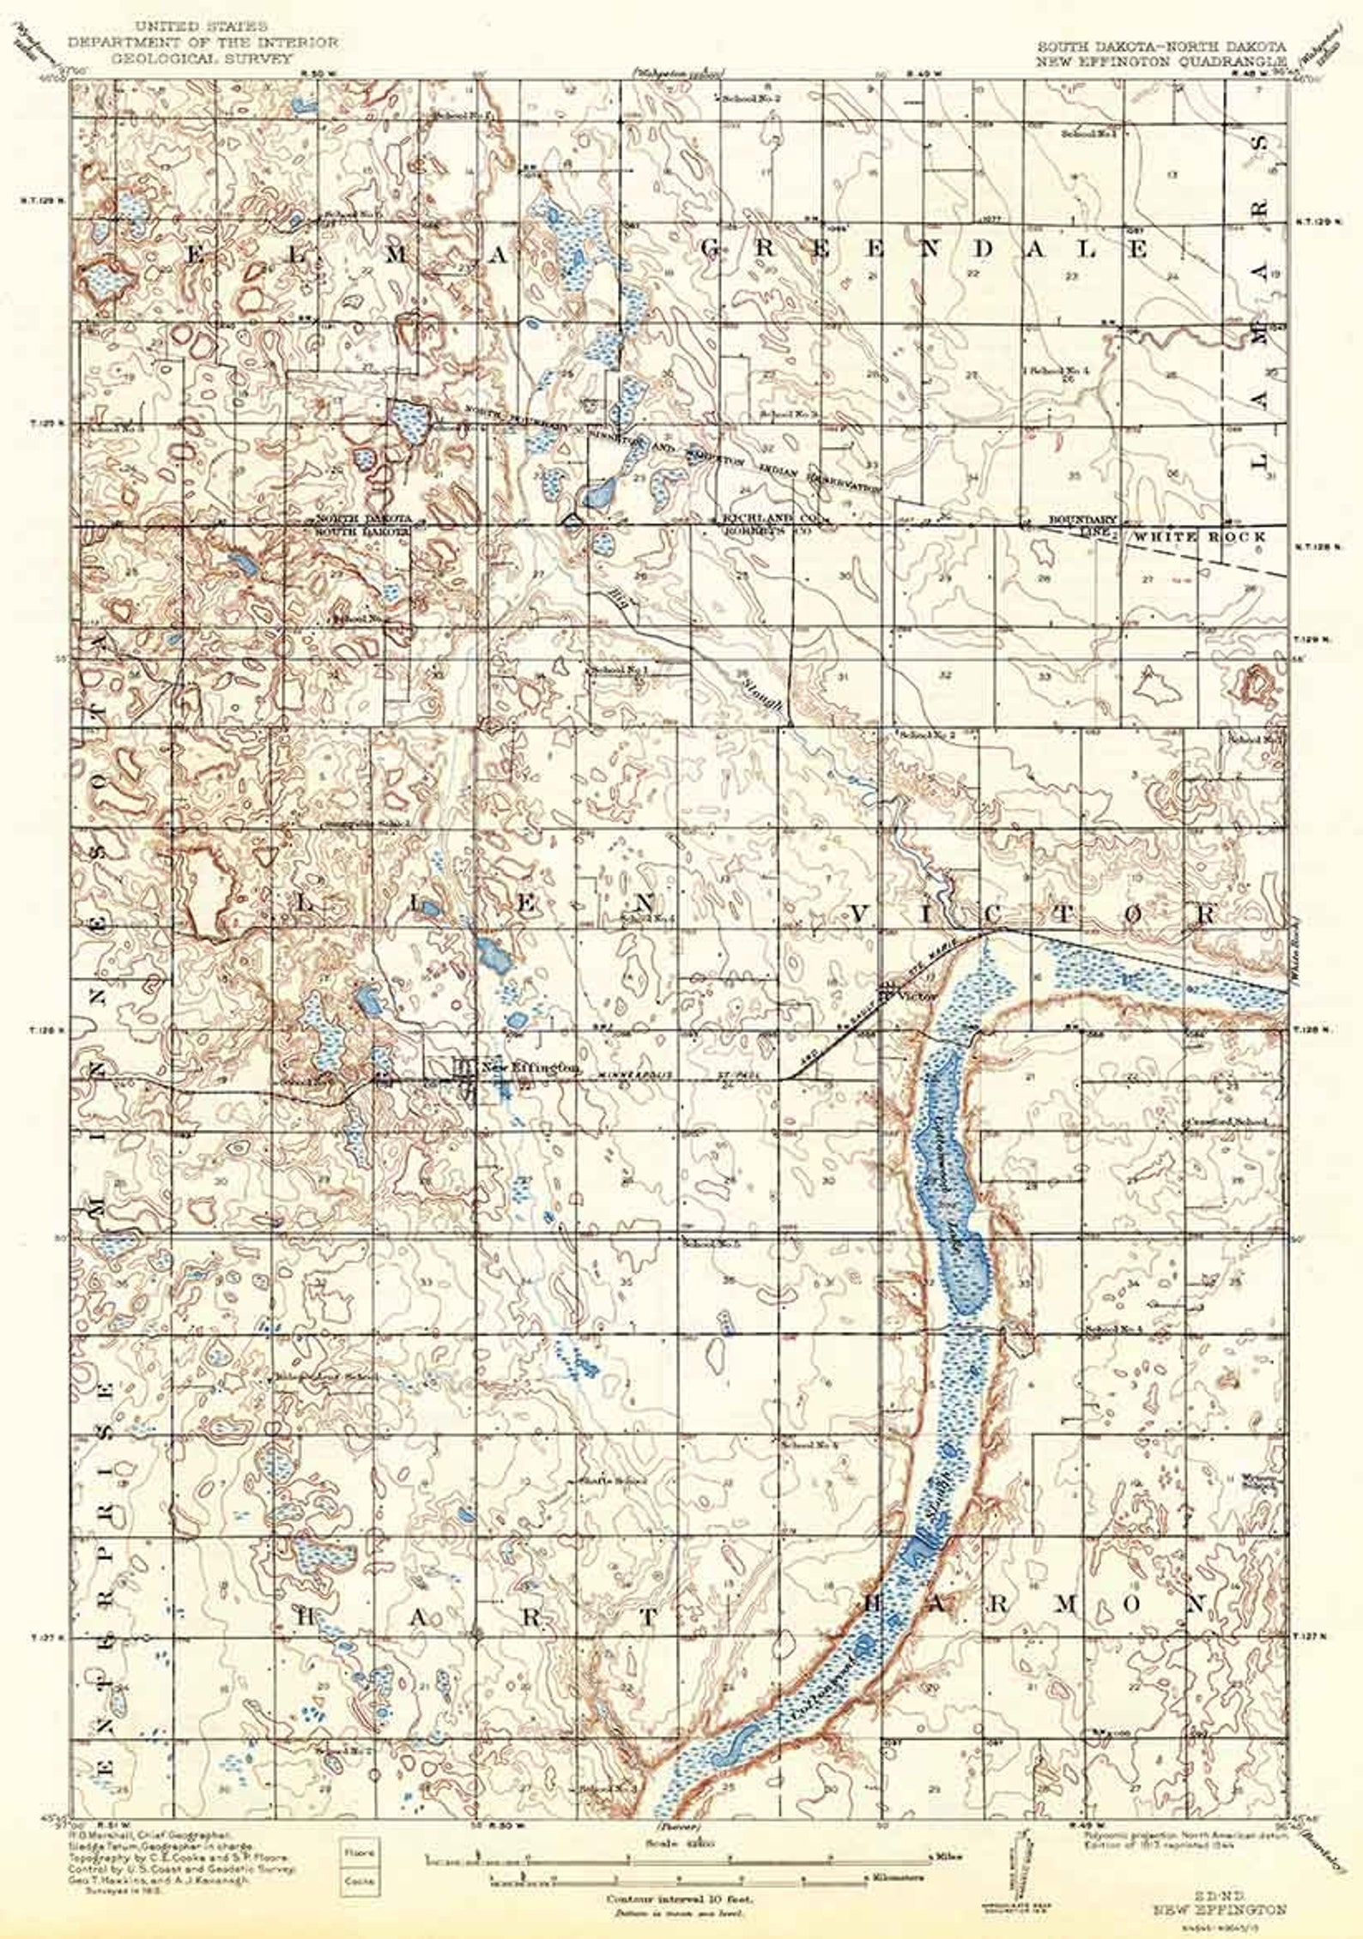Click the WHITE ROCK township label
tap(1199, 536)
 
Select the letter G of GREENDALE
tap(713, 249)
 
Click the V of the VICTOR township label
tap(863, 913)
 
